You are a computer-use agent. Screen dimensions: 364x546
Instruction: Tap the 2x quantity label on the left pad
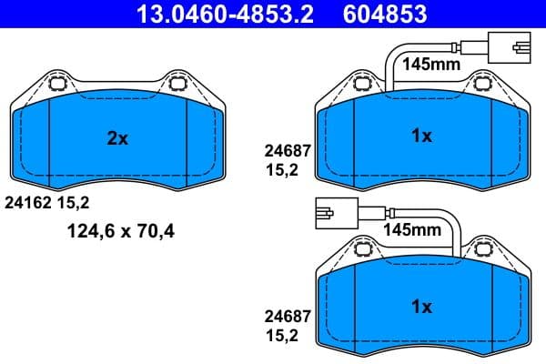(x=117, y=138)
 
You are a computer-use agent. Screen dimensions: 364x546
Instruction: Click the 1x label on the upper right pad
(x=420, y=136)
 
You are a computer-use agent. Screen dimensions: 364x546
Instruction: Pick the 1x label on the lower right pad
(x=420, y=307)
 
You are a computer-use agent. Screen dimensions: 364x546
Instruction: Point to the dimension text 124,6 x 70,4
(x=119, y=231)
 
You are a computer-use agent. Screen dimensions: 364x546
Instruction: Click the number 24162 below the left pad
(x=29, y=203)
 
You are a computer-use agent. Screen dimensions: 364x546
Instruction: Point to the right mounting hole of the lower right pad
(x=481, y=251)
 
